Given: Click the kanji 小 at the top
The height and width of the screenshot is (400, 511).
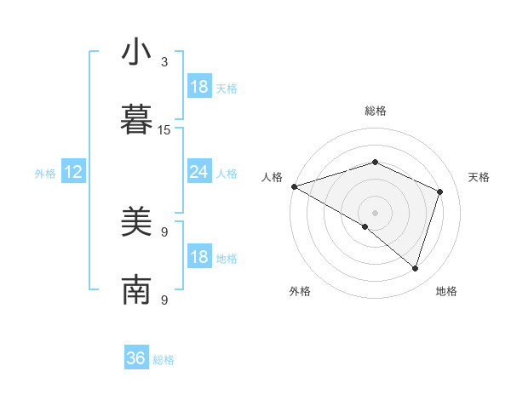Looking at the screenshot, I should click(x=136, y=52).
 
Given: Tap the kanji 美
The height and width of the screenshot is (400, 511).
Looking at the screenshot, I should click(x=136, y=222).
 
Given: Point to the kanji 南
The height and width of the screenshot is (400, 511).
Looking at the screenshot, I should click(x=136, y=289).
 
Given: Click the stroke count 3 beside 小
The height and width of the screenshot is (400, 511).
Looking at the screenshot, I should click(x=164, y=62).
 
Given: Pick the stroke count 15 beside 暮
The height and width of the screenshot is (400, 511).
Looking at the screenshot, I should click(x=164, y=129).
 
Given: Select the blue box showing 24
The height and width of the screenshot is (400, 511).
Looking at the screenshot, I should click(x=198, y=172).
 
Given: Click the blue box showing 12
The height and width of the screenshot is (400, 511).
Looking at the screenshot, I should click(x=72, y=172).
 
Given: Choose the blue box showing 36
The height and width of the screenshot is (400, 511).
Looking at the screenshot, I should click(x=136, y=358).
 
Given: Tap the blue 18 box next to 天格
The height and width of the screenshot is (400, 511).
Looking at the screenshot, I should click(x=198, y=87).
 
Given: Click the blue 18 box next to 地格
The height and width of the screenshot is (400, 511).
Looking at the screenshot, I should click(x=198, y=257).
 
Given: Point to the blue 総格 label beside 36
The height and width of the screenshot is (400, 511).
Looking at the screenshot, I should click(x=164, y=360).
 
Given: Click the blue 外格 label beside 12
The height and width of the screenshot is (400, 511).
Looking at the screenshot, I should click(x=45, y=173).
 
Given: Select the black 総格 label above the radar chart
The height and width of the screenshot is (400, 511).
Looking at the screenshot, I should click(x=376, y=111).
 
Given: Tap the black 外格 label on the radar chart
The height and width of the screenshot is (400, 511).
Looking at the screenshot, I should click(x=300, y=291).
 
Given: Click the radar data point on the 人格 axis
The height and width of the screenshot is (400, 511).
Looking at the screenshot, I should click(x=294, y=186).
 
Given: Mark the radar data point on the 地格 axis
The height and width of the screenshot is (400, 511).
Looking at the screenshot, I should click(x=415, y=268).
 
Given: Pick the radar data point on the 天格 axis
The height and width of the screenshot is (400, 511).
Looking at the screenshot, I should click(x=440, y=191).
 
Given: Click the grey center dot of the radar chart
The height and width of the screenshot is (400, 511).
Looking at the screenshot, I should click(x=376, y=212).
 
